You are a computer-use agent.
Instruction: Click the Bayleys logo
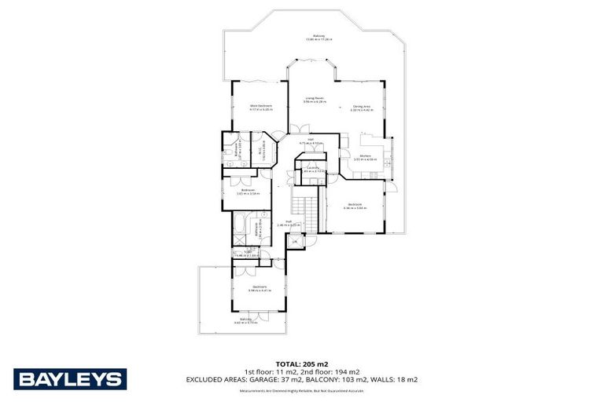click(70, 379)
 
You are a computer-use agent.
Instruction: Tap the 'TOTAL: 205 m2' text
click(302, 364)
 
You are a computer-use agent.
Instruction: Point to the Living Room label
click(315, 100)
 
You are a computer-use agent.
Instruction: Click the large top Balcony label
click(319, 37)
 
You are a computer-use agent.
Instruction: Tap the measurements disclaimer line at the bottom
click(302, 389)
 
